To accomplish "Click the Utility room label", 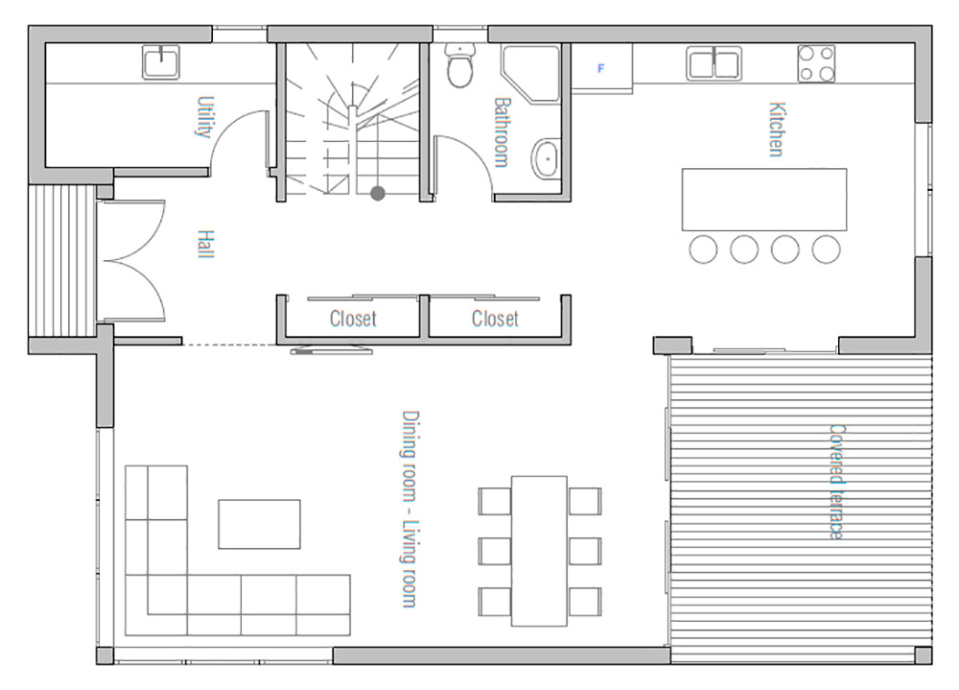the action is click(205, 116).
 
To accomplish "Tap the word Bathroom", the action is click(502, 132).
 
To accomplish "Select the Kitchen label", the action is click(776, 130).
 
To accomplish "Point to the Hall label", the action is click(206, 245).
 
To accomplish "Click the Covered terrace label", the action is click(836, 482).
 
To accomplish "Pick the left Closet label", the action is click(353, 319).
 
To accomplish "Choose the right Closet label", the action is click(495, 319).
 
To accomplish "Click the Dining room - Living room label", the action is click(409, 509).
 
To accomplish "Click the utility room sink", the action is click(161, 61).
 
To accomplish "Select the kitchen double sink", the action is click(713, 63).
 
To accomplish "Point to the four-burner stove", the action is click(816, 63).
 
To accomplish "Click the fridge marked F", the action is click(602, 68).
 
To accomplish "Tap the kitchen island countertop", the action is click(764, 200).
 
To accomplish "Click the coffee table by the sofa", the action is click(259, 524).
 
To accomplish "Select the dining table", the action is click(539, 551).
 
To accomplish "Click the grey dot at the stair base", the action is click(378, 194).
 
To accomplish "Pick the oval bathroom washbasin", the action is click(545, 159).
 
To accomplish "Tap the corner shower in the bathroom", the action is click(531, 72).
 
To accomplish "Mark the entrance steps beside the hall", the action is click(62, 261).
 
